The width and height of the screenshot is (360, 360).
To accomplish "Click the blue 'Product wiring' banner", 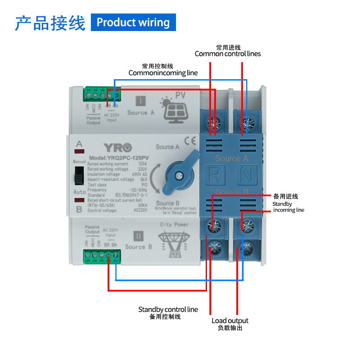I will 133,22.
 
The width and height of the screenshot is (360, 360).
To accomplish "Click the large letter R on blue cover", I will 214,175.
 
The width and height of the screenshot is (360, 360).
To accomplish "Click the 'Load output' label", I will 230,321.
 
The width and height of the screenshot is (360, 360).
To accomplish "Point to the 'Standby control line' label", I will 168,310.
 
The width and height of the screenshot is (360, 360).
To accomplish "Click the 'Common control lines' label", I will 228,54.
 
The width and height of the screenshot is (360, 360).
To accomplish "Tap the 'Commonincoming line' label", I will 163,73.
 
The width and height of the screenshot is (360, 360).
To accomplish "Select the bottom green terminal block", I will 102,256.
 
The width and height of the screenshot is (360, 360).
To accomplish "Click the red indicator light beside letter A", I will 79,153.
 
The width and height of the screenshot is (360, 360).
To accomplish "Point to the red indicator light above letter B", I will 79,200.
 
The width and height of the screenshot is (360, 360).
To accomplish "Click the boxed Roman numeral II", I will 139,235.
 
